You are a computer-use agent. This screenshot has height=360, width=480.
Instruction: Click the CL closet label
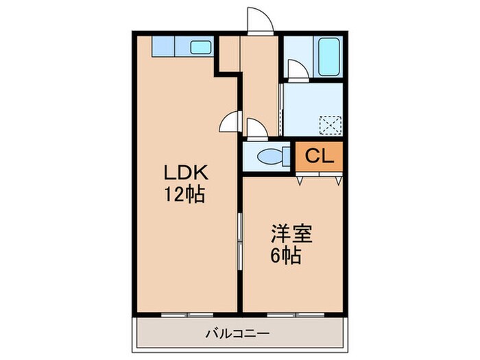[x=319, y=156]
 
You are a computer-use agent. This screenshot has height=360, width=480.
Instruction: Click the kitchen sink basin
[x=201, y=47]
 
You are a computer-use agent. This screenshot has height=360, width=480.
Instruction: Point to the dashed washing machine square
[x=332, y=125]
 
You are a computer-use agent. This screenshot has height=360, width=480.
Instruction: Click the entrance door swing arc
[x=259, y=21]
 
